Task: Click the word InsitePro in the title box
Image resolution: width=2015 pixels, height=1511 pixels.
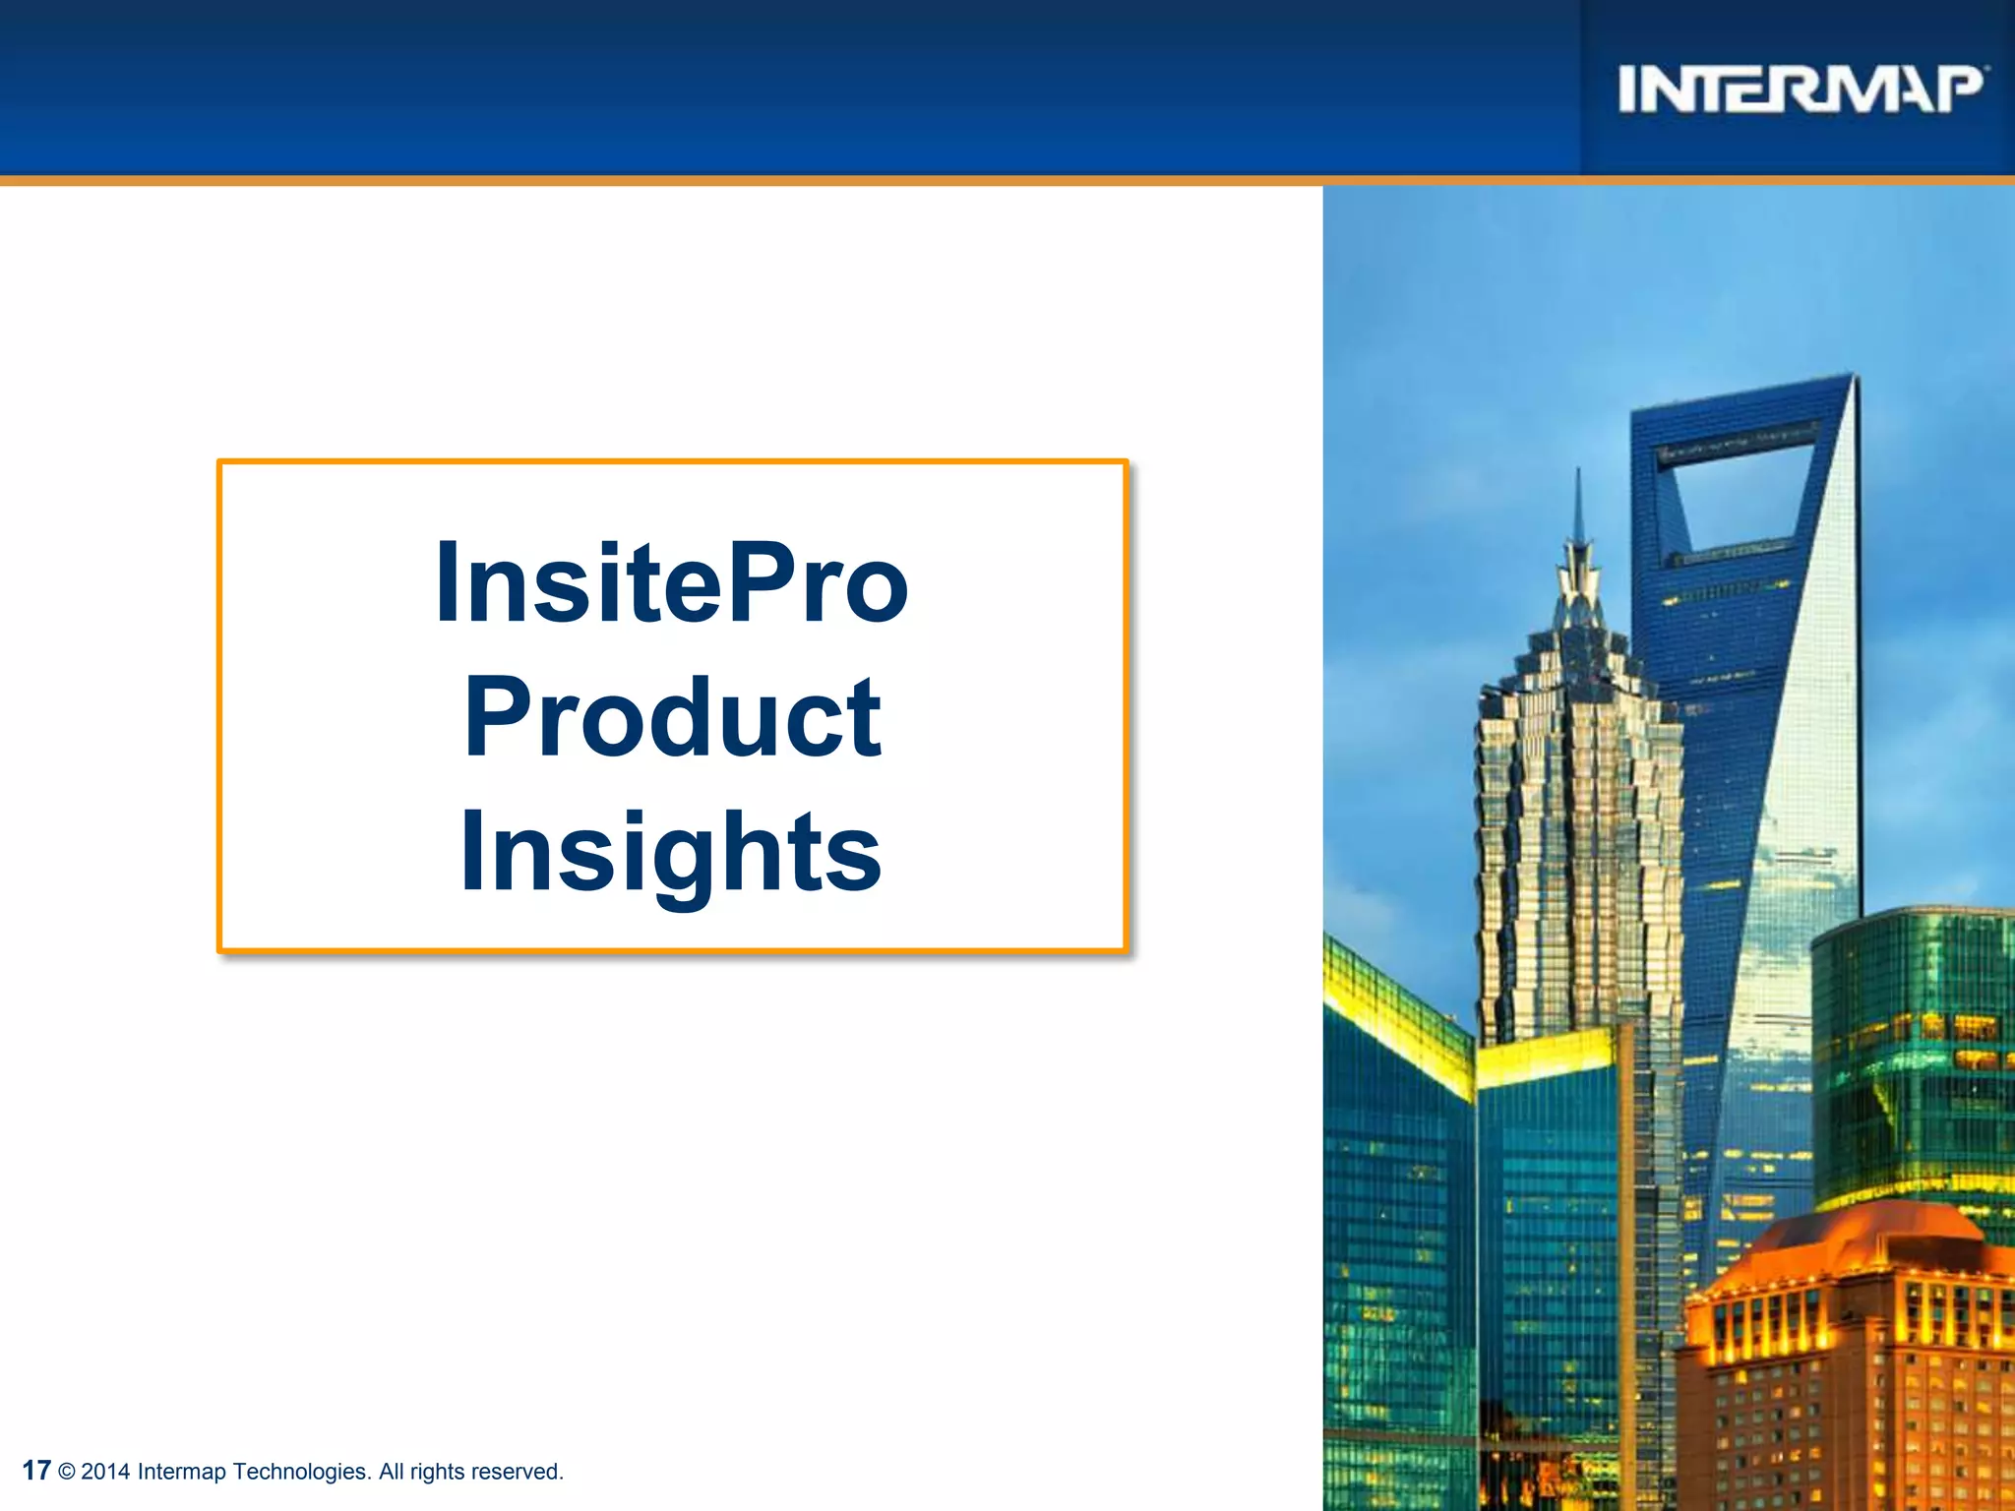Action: click(x=671, y=583)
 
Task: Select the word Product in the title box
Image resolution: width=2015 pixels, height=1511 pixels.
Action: click(x=672, y=718)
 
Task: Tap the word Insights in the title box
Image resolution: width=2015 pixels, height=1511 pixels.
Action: click(x=671, y=852)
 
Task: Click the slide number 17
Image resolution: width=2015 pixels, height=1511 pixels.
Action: click(x=35, y=1471)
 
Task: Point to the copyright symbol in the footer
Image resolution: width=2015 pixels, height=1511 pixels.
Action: click(x=67, y=1473)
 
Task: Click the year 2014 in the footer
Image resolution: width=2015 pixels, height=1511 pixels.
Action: click(x=105, y=1472)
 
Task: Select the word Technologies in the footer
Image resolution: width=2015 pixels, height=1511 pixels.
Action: click(x=301, y=1472)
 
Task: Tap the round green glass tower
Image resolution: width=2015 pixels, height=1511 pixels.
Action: click(x=1914, y=1053)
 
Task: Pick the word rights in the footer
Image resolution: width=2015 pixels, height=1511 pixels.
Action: click(x=436, y=1472)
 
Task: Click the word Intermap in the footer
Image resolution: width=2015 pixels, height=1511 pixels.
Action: click(x=181, y=1472)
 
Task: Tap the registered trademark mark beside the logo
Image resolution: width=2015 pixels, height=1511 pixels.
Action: click(x=1987, y=68)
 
